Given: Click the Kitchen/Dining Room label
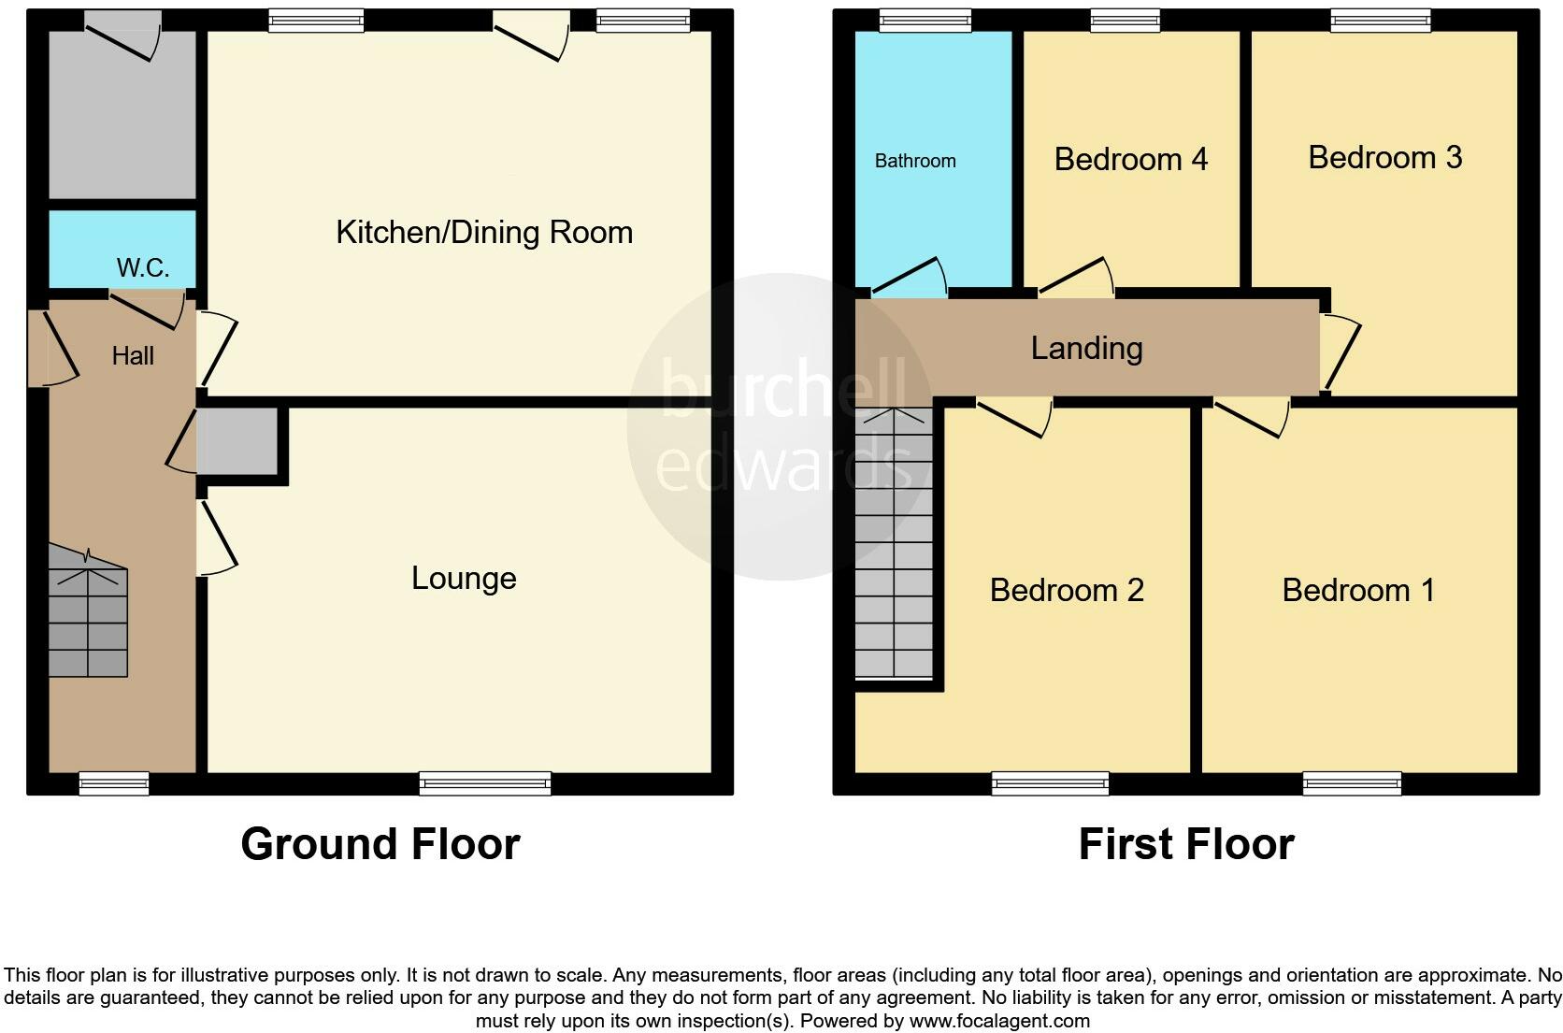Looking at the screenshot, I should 484,232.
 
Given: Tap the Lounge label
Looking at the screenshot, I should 464,578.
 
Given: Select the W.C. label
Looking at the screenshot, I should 143,268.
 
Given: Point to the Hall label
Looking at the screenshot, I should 133,355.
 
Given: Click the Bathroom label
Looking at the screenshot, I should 915,161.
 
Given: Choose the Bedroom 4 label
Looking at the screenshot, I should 1130,159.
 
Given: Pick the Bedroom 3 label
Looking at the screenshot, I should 1384,157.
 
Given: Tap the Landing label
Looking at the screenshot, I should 1086,348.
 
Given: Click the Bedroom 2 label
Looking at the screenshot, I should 1067,590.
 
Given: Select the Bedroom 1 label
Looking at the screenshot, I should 1357,590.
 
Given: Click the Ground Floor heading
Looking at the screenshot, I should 380,844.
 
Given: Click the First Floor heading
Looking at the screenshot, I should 1185,844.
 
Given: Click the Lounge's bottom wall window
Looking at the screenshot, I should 485,783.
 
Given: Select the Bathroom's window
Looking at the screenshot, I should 925,20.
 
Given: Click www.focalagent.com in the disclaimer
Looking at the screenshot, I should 998,1021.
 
